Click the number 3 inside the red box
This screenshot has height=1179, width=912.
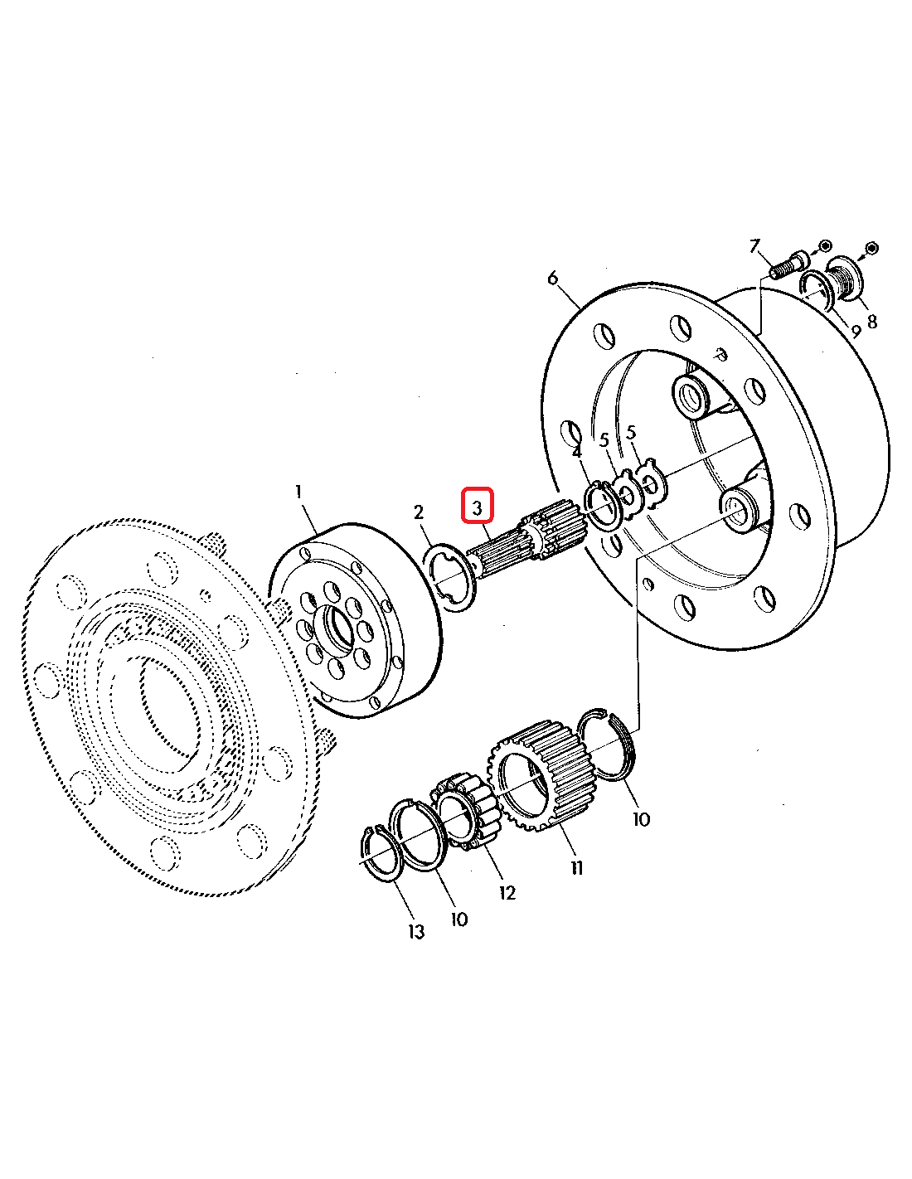pyautogui.click(x=477, y=508)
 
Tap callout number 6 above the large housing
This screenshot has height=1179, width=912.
pyautogui.click(x=552, y=279)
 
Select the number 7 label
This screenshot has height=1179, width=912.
pyautogui.click(x=754, y=247)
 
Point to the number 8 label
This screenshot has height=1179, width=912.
pyautogui.click(x=872, y=322)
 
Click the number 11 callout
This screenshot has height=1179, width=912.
pyautogui.click(x=577, y=869)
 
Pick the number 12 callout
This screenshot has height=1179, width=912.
pyautogui.click(x=507, y=892)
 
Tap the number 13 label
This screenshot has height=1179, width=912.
pyautogui.click(x=416, y=932)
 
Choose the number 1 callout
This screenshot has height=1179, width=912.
pyautogui.click(x=298, y=492)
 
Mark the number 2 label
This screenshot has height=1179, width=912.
pyautogui.click(x=419, y=512)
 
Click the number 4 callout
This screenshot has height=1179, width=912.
pyautogui.click(x=577, y=452)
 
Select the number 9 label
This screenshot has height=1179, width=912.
pyautogui.click(x=856, y=331)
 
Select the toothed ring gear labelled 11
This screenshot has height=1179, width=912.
pyautogui.click(x=543, y=777)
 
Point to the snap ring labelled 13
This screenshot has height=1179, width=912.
pyautogui.click(x=381, y=853)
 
